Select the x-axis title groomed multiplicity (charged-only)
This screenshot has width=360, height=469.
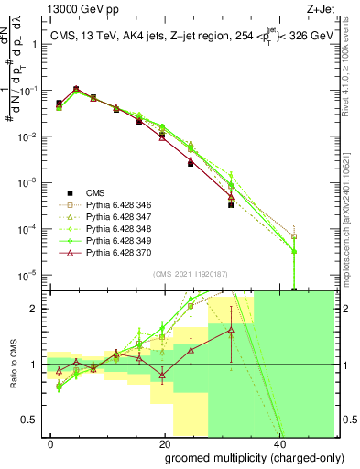point(242,457)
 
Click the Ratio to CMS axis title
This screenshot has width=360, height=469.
point(12,365)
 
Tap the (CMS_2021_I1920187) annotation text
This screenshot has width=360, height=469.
point(190,274)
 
